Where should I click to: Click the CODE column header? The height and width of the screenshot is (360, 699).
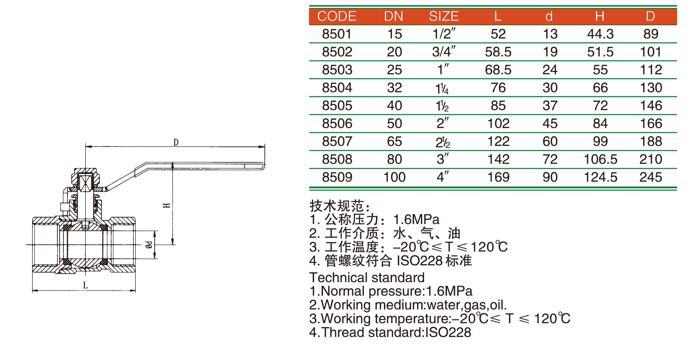[337, 16]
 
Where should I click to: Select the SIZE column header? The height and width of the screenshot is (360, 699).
[444, 16]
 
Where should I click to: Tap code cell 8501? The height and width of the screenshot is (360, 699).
[337, 34]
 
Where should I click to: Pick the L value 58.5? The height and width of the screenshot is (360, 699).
[498, 52]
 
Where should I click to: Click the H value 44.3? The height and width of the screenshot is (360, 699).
[600, 34]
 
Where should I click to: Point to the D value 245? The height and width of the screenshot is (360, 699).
[651, 177]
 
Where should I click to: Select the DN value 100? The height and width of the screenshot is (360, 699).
[394, 177]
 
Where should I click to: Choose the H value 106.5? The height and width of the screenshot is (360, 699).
[600, 159]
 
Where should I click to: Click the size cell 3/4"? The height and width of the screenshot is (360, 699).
[444, 51]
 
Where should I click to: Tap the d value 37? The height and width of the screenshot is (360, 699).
[550, 106]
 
